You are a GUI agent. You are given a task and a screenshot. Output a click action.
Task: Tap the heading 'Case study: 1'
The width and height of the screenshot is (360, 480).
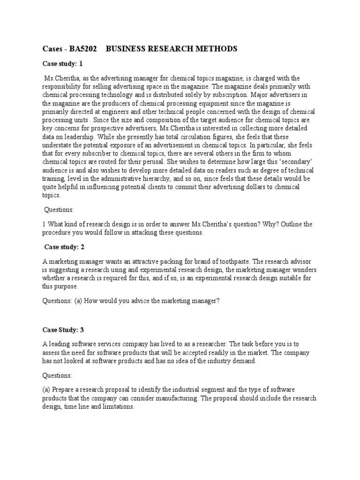pos(62,64)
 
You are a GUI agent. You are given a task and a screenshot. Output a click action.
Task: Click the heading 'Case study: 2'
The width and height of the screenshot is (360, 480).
pos(64,247)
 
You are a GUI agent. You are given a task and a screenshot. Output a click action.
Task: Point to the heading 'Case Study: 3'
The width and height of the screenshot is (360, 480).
pos(63,330)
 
